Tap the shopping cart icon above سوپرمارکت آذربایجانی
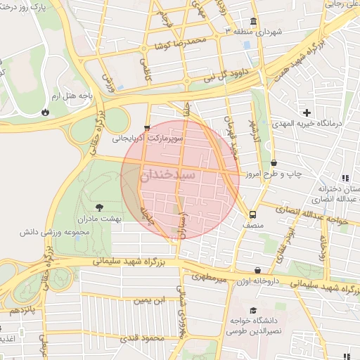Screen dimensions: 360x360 coord(146,129)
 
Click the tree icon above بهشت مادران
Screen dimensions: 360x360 coord(98,207)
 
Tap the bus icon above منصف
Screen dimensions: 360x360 coord(252,214)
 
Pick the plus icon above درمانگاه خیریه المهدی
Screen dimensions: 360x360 coord(307,112)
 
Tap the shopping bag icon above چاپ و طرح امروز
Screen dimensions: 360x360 coord(273,162)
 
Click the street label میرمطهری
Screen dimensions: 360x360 coord(226,281)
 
